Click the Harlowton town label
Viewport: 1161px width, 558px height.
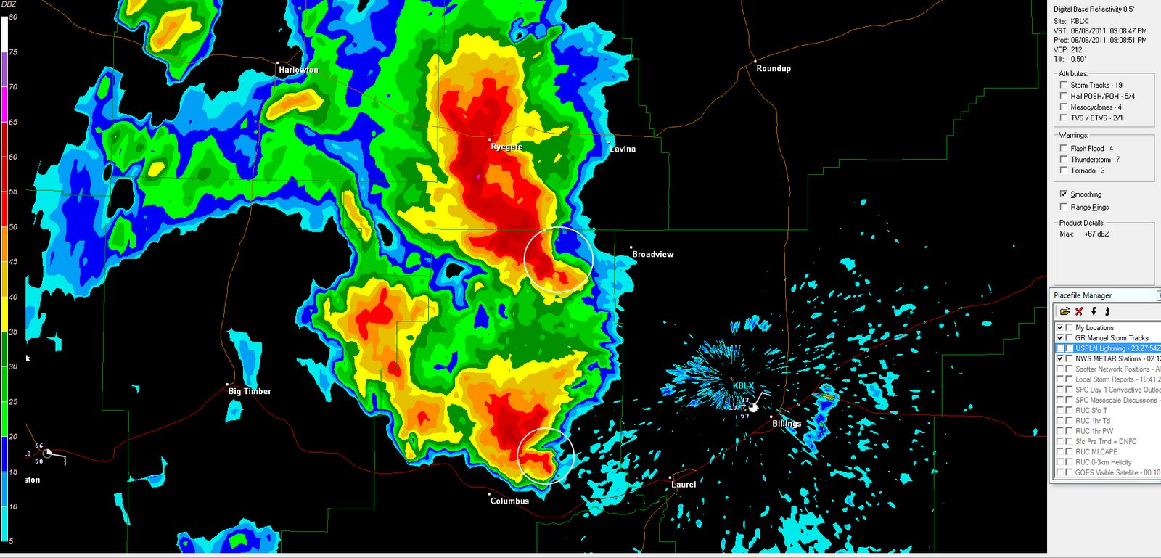tap(298, 70)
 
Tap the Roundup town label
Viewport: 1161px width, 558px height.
tap(774, 68)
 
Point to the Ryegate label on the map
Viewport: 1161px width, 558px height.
tap(506, 147)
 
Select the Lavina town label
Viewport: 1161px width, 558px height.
tap(623, 149)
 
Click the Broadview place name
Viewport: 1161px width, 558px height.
tap(652, 254)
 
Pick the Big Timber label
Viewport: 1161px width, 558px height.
tap(250, 391)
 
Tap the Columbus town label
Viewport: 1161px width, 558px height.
tap(509, 501)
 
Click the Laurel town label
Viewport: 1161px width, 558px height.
tap(684, 485)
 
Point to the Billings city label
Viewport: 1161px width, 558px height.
tap(787, 424)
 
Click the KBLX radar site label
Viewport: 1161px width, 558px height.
tap(743, 386)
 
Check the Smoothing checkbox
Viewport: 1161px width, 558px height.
tap(1064, 194)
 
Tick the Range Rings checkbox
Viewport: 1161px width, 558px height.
tap(1064, 207)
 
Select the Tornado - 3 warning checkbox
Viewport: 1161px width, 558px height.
tap(1064, 171)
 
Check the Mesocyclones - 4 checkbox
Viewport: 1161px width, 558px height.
tap(1064, 107)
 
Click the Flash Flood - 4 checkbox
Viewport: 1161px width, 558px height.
tap(1064, 148)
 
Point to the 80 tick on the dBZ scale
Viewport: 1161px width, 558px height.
tap(13, 17)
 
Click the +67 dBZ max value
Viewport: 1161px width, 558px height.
tap(1096, 234)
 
